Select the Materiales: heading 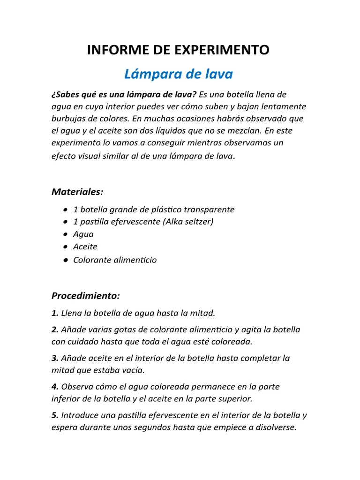point(77,192)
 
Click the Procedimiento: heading point(86,296)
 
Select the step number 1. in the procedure point(55,313)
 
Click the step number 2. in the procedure point(55,330)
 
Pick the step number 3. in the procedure point(55,358)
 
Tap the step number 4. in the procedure point(55,387)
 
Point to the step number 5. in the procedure point(55,415)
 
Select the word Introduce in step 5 point(79,415)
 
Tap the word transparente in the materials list point(209,210)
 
